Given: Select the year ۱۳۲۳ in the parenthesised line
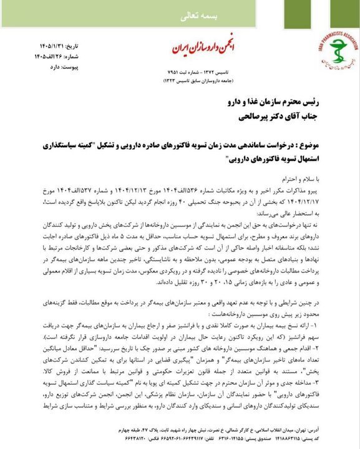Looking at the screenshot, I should click(x=168, y=81).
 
